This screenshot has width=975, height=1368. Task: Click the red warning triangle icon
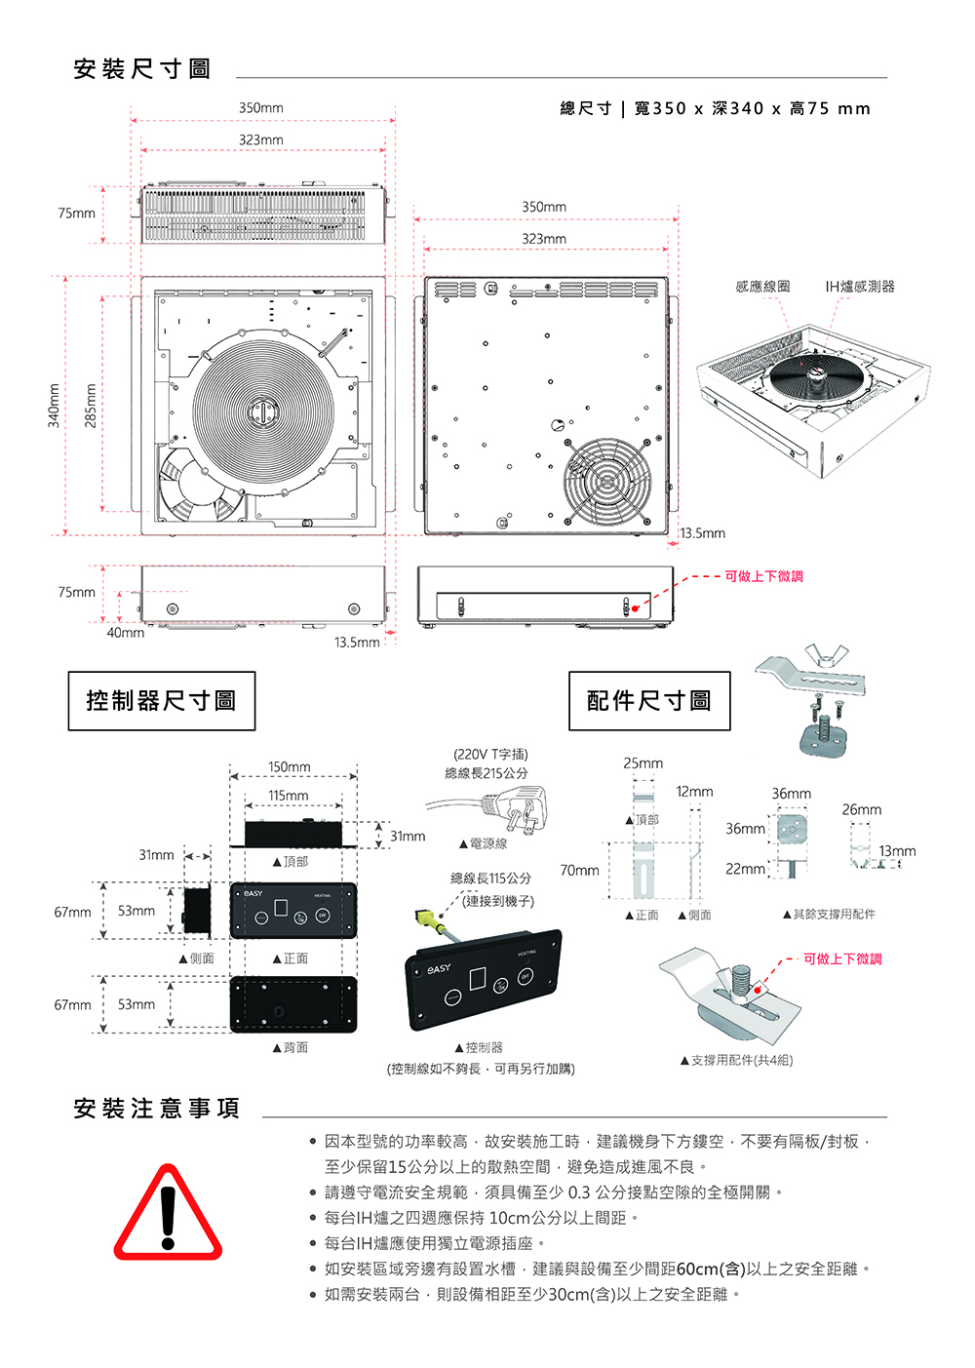[168, 1213]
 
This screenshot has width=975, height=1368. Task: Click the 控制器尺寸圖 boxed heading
[161, 701]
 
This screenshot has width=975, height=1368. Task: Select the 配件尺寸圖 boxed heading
[649, 701]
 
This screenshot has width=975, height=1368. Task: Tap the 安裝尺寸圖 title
[142, 69]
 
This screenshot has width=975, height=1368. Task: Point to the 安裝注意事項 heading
[156, 1109]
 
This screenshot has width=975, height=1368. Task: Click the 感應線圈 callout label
[762, 287]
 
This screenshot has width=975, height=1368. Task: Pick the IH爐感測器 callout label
[859, 287]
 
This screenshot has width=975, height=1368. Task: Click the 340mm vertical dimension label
[56, 405]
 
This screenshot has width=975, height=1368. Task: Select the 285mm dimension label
[91, 405]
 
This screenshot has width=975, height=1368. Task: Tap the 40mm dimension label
[125, 633]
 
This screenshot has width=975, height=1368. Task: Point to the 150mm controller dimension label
[290, 767]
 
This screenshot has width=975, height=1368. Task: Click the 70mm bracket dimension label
[579, 870]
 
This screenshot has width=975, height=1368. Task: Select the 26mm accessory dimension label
[861, 809]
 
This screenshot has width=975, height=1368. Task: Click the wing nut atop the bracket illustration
[823, 655]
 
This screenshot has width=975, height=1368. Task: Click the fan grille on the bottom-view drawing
[607, 482]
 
